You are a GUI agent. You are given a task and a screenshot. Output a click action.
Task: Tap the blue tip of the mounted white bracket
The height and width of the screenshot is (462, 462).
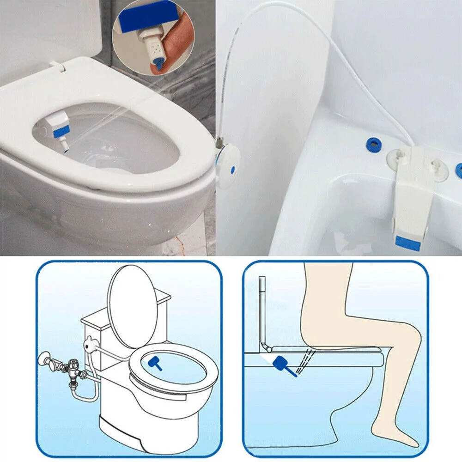tap(407, 243)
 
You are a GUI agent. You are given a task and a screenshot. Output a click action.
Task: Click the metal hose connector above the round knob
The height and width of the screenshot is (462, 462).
tap(221, 139)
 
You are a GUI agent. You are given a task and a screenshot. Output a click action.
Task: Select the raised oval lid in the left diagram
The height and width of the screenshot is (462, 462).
tap(133, 305)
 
